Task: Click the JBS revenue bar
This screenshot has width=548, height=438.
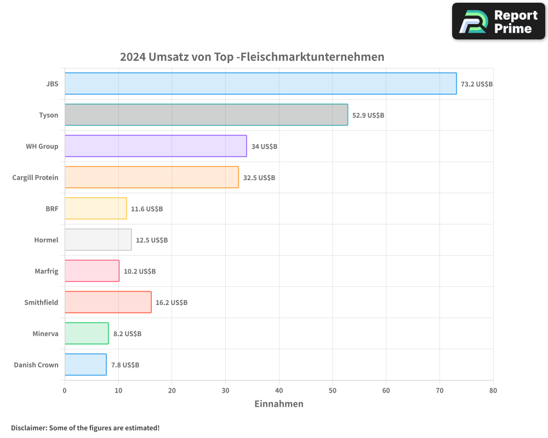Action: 260,84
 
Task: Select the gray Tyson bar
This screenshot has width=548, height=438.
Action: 206,115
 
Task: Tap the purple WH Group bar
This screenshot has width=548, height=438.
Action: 156,146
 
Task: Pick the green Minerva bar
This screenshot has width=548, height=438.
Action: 87,333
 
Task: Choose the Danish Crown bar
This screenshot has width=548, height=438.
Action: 85,365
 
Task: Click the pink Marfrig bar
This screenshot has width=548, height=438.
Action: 92,271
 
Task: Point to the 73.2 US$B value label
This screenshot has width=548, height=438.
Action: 477,84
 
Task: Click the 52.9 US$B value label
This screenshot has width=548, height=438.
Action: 368,116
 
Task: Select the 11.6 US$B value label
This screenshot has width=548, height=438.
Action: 147,209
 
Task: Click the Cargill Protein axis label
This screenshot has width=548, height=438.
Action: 35,177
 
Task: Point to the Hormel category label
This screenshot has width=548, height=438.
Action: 46,240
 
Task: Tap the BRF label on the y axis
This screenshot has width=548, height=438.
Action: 52,209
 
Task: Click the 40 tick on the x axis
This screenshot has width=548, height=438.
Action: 279,390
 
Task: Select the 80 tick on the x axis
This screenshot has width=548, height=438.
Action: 493,390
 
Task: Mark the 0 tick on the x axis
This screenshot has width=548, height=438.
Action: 65,390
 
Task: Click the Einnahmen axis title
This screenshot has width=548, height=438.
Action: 279,404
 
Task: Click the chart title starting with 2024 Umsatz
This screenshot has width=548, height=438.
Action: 252,57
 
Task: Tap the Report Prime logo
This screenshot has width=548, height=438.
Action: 499,21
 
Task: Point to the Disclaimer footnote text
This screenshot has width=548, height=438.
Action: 85,428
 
